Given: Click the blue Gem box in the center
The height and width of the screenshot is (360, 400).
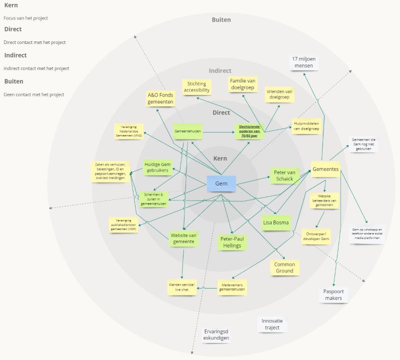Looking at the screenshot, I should [x=221, y=184].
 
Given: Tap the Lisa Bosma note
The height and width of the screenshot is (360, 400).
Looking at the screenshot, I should [x=275, y=222].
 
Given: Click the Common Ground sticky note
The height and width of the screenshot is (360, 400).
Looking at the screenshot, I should [x=285, y=267].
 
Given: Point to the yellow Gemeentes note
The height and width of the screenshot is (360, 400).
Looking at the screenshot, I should [x=325, y=169].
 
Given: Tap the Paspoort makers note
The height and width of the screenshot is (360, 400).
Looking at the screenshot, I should [x=333, y=294].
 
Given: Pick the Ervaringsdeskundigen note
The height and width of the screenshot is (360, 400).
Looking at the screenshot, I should [x=216, y=334].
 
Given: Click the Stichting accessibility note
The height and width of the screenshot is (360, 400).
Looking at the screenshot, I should [x=196, y=87].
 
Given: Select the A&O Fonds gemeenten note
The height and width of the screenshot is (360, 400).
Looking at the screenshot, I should [x=160, y=98].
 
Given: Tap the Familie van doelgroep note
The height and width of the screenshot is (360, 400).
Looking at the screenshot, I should [x=242, y=83].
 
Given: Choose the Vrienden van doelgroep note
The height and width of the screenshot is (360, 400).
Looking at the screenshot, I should [x=279, y=94].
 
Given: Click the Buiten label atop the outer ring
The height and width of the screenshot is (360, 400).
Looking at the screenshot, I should [x=221, y=20].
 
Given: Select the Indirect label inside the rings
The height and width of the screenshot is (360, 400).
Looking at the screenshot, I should [x=220, y=71].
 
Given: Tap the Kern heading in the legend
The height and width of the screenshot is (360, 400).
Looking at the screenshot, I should [x=10, y=5].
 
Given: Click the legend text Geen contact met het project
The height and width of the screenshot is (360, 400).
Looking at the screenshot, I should [x=33, y=94].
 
